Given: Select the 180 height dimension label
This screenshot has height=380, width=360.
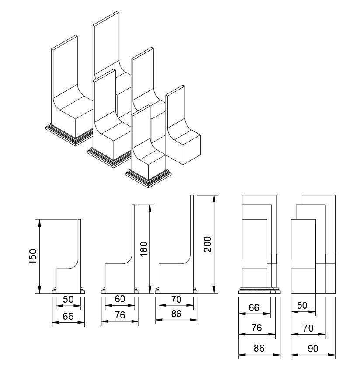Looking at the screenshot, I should (144, 249).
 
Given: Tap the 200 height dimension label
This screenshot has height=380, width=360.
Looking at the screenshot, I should (208, 244).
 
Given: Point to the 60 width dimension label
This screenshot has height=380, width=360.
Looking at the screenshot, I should (120, 299).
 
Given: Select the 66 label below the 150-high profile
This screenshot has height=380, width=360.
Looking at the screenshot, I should (68, 317).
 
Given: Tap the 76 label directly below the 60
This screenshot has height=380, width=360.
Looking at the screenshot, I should (120, 315).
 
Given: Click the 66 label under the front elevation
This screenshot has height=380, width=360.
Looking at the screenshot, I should (254, 307).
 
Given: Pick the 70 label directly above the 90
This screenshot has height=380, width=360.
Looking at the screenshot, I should (308, 328).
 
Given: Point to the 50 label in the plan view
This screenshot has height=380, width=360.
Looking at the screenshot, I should (303, 306).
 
